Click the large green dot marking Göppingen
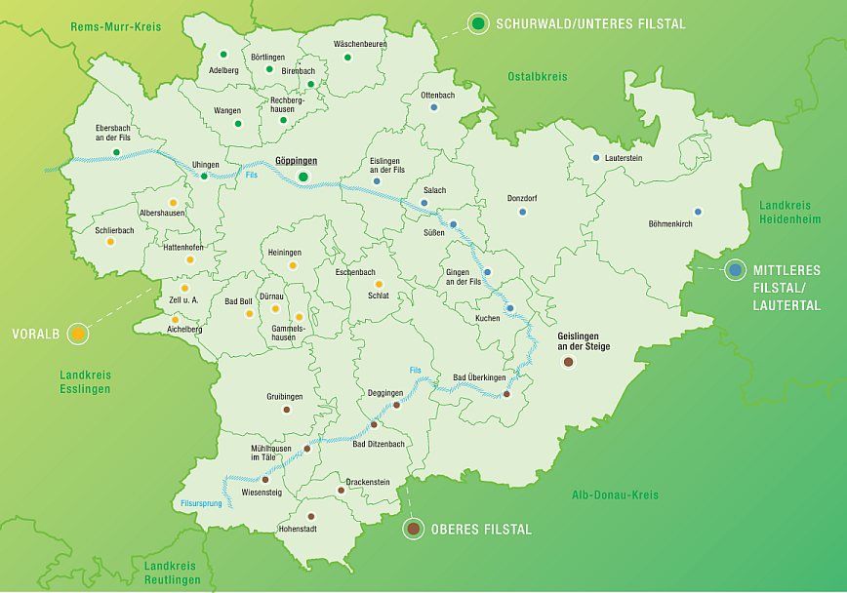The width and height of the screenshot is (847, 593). tap(303, 176)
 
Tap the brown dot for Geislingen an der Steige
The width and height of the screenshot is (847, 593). tap(569, 362)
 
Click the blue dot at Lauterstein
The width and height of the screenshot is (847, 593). tap(596, 158)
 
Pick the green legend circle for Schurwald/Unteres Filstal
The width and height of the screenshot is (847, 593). tap(477, 23)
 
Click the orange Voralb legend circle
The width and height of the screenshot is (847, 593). tap(78, 334)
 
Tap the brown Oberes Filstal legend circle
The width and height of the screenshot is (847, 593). tap(414, 529)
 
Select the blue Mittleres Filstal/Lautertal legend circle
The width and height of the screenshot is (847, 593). tap(735, 270)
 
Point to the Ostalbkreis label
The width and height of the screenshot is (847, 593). tap(537, 76)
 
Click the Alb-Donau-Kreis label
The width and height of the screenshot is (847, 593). tap(615, 494)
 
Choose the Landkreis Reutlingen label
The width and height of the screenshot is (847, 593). tap(172, 573)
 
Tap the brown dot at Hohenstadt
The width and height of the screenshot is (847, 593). tap(311, 516)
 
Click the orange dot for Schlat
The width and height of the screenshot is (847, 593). tap(379, 284)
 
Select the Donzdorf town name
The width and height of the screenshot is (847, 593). tap(523, 198)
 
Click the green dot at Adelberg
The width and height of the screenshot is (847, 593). tap(223, 55)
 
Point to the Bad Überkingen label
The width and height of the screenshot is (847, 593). tap(479, 377)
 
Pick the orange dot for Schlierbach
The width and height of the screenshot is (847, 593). tap(110, 241)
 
